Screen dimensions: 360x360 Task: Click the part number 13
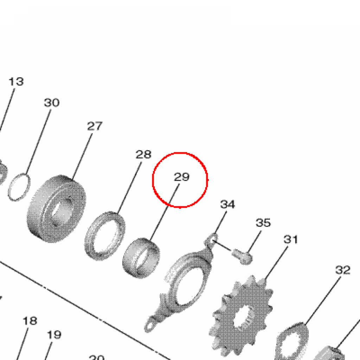(16, 82)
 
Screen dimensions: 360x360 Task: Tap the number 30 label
(52, 102)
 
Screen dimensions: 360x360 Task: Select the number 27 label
(95, 126)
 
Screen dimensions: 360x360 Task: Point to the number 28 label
(143, 154)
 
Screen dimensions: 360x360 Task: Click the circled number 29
(182, 176)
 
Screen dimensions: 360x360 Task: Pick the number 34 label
(227, 204)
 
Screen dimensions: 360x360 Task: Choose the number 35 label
(263, 223)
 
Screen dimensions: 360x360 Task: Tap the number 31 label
(291, 239)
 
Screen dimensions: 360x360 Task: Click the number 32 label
(343, 270)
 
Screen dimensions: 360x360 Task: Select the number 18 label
(30, 321)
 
